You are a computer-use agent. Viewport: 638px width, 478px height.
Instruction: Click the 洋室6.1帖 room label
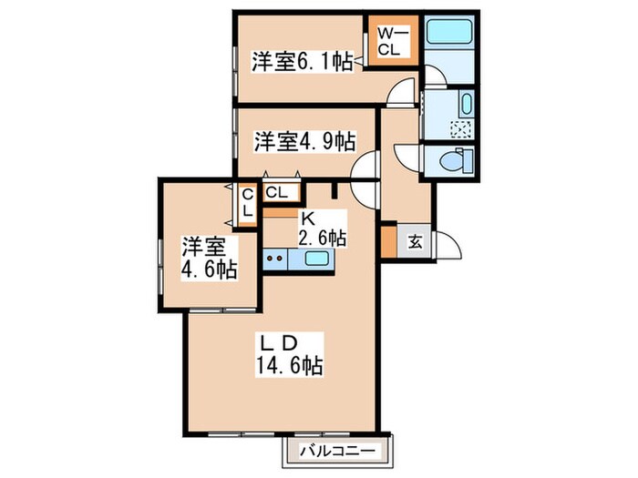coord(302,61)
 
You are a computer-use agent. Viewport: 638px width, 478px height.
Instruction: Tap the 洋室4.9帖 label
coord(304,141)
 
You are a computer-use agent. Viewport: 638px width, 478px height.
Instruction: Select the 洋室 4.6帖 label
coord(210,258)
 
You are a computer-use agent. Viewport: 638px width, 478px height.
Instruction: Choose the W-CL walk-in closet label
coord(395,40)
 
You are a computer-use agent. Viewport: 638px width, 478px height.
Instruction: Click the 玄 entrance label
coord(414,241)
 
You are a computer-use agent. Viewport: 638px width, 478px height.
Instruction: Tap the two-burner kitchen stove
coord(276,259)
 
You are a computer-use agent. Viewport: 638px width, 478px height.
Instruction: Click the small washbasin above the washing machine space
coord(465,102)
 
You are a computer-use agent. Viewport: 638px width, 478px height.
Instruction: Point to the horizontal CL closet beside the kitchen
coord(278,193)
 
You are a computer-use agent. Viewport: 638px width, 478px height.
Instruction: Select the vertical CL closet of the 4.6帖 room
coord(248,202)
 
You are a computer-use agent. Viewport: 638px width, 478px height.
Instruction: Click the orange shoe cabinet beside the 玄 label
coord(388,241)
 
